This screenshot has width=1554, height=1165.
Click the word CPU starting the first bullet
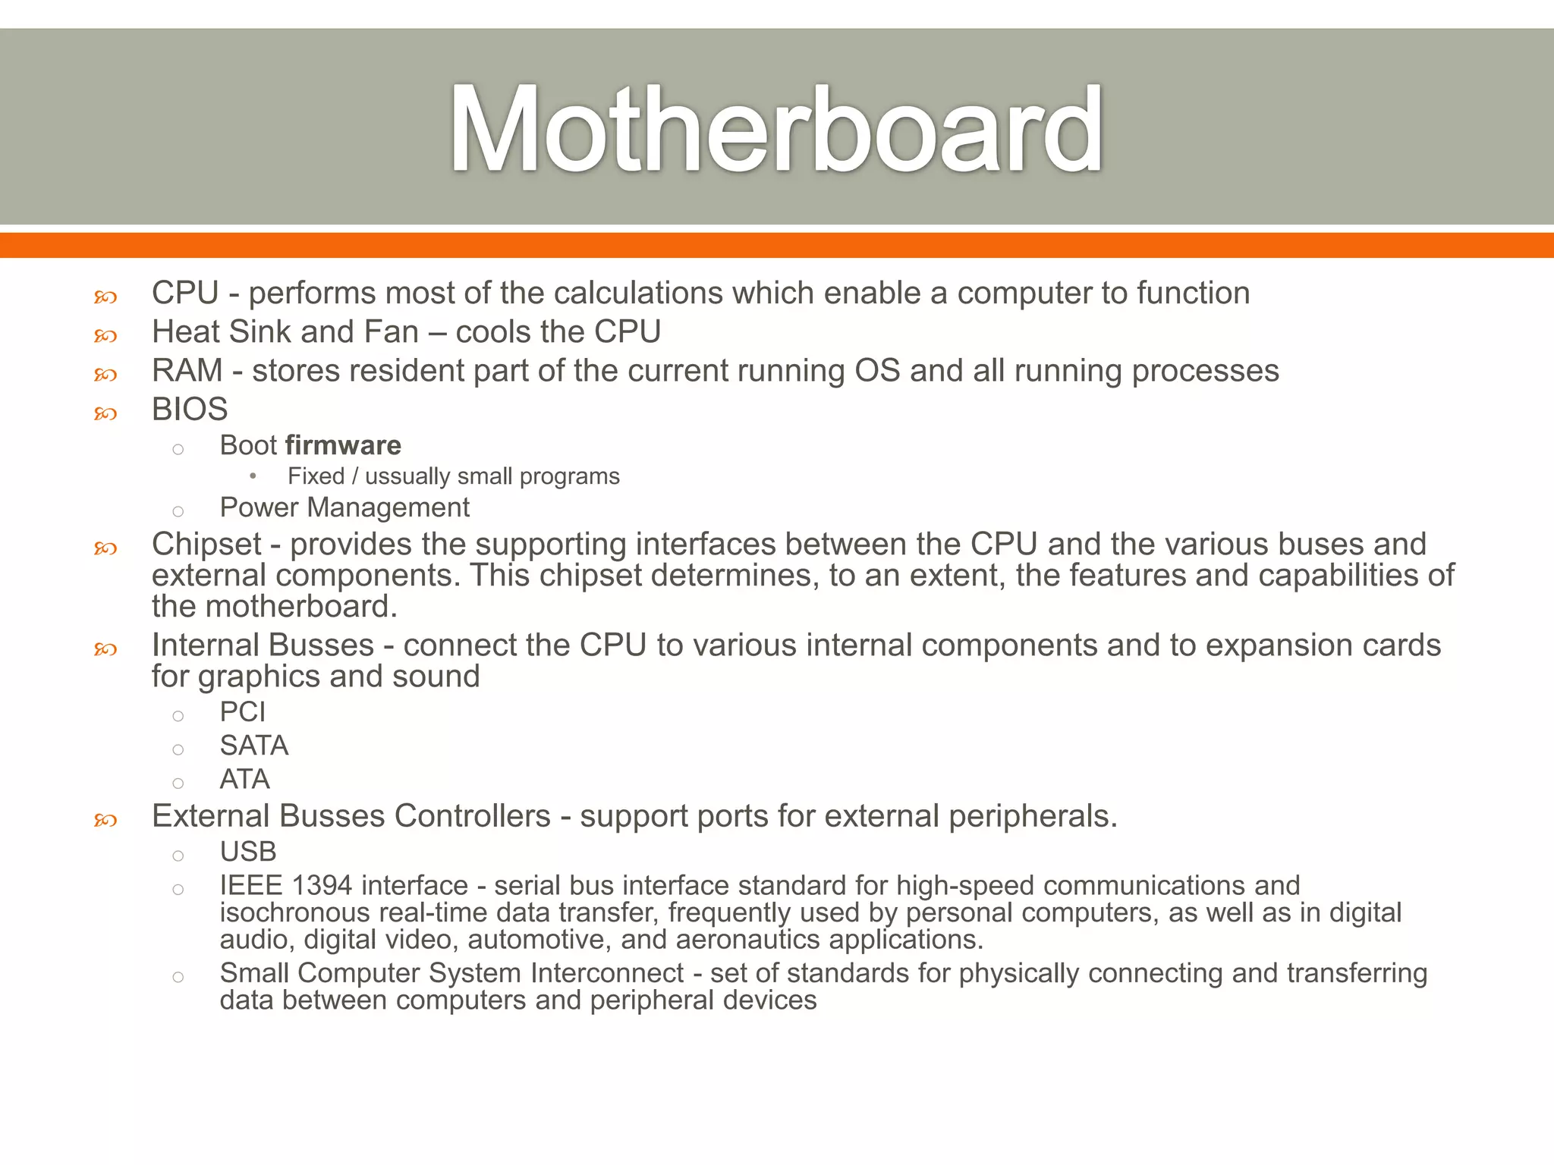[x=185, y=294]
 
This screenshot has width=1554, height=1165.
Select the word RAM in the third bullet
[x=187, y=371]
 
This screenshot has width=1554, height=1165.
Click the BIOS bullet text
[x=190, y=410]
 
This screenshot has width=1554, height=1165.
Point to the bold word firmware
[x=343, y=445]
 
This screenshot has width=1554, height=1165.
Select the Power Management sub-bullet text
[x=344, y=507]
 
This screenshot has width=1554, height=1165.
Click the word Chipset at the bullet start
[x=206, y=545]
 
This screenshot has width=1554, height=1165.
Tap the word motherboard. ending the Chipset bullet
[x=301, y=607]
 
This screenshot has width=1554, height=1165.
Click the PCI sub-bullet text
[x=243, y=712]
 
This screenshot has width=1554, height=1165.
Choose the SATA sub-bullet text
[x=254, y=746]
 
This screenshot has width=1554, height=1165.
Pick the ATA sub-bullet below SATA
[x=244, y=780]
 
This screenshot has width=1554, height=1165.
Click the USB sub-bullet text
[x=248, y=852]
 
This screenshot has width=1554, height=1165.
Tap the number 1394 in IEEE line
[x=322, y=886]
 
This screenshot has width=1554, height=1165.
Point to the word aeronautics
[x=747, y=940]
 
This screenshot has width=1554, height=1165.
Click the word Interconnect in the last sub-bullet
[x=607, y=973]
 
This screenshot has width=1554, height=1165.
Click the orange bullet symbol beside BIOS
[x=105, y=413]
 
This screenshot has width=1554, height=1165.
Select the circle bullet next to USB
[x=178, y=856]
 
